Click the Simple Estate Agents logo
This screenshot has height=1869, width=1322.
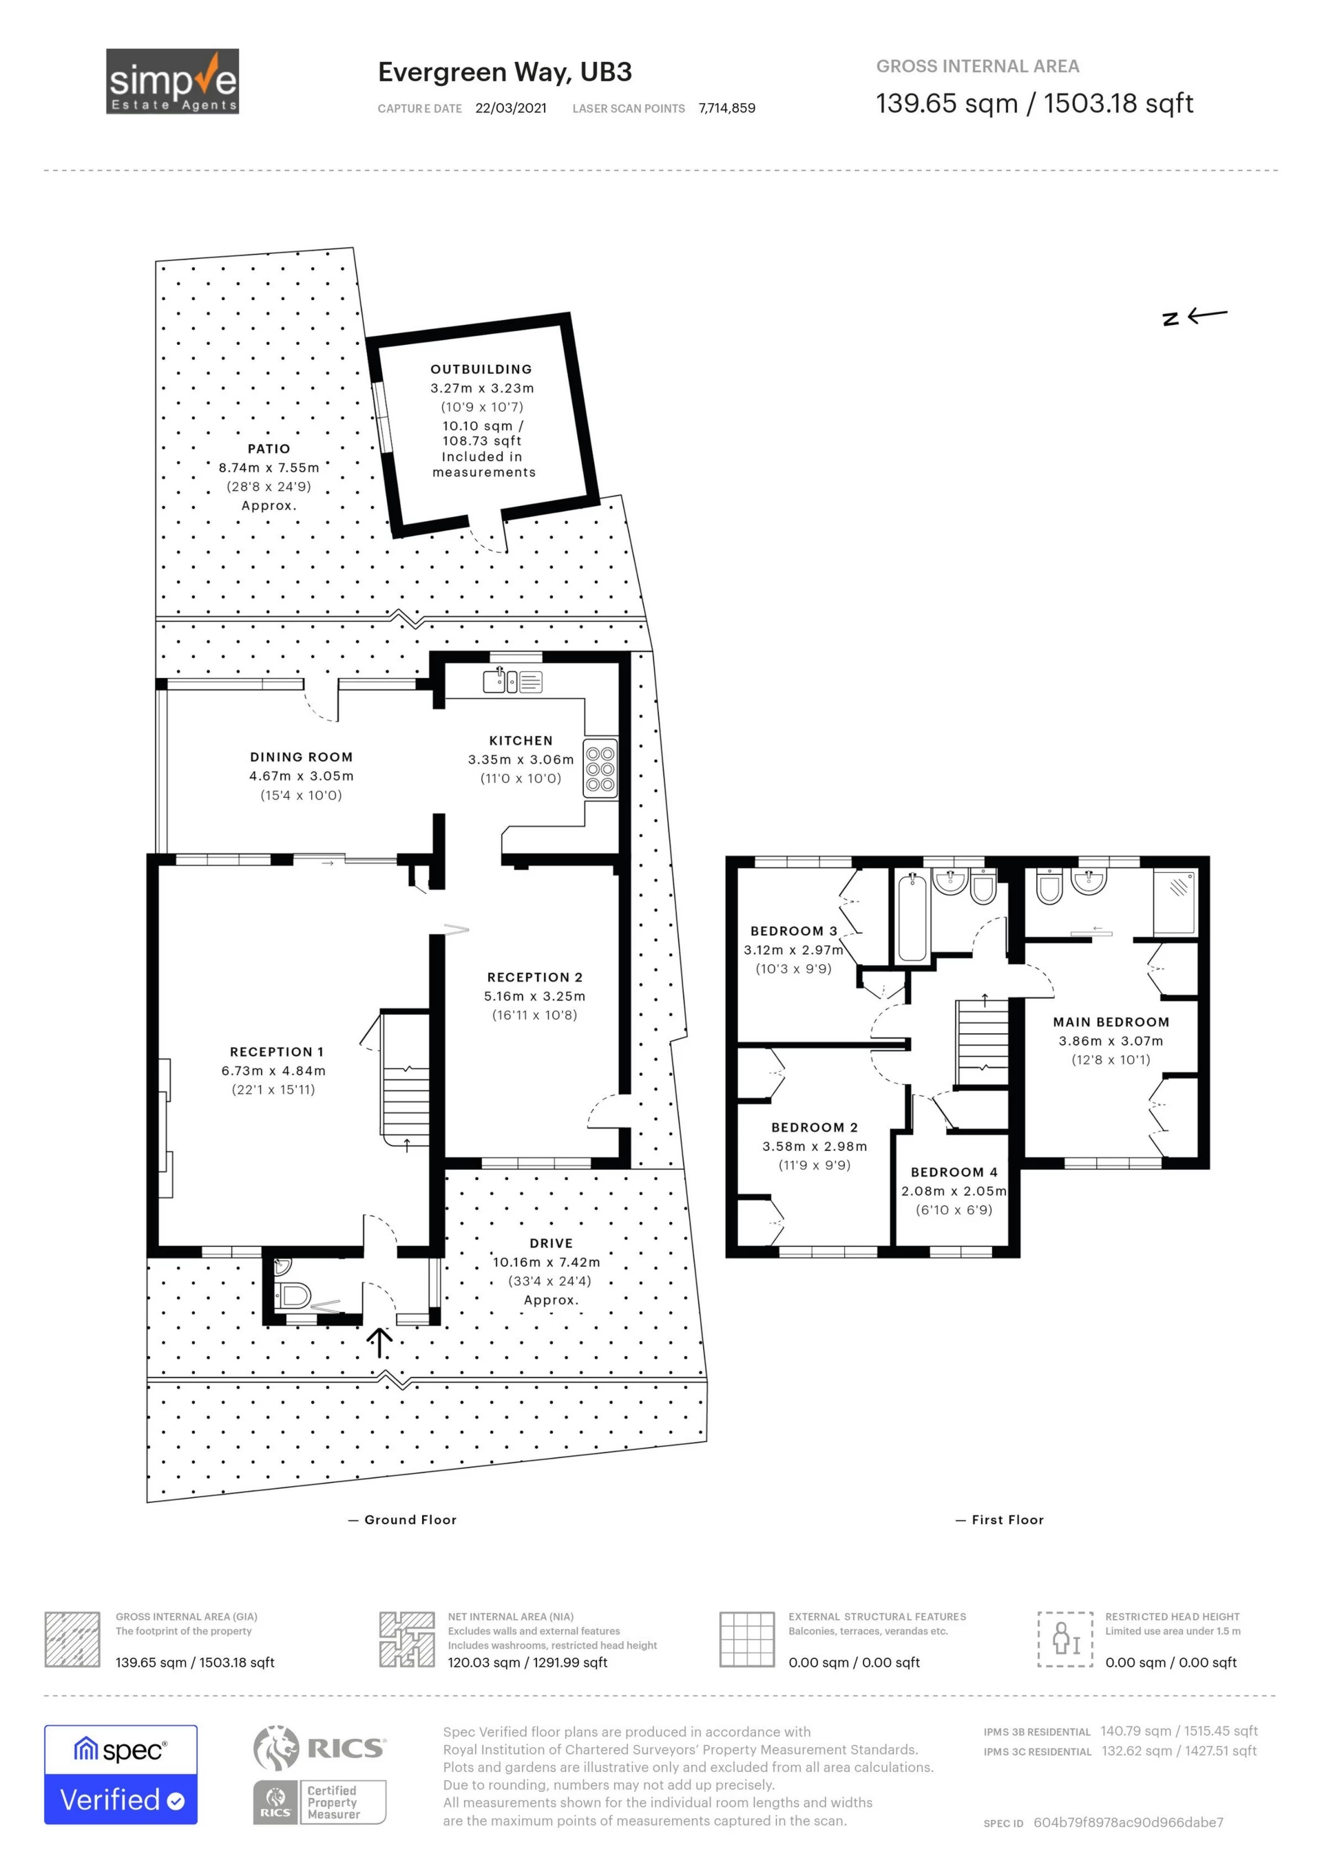coord(173,81)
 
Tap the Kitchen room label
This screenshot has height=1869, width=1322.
coord(521,741)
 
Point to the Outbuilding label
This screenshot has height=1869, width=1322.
coord(481,370)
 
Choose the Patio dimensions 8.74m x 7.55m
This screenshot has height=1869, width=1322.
coord(269,468)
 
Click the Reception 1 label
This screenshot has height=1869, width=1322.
coord(277,1052)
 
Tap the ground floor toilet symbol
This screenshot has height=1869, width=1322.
coord(292,1294)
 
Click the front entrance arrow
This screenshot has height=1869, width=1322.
coord(379,1343)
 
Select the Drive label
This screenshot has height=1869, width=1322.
coord(551,1243)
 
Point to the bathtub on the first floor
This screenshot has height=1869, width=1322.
coord(912,916)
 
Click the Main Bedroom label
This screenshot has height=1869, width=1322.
coord(1111,1022)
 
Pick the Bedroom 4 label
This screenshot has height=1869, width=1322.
coord(954,1172)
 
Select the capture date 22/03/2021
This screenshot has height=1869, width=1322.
coord(511,108)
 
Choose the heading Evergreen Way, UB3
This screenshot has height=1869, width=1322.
coord(505,72)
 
